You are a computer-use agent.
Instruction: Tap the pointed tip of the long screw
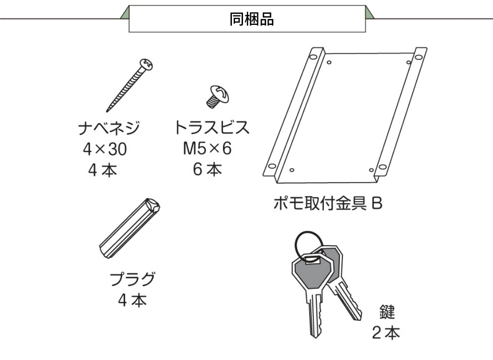[x=108, y=110]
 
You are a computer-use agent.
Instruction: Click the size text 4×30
[x=105, y=150]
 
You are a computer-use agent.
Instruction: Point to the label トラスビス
[x=212, y=128]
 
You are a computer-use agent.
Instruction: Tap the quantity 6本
[x=207, y=169]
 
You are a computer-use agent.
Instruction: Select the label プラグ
[x=133, y=280]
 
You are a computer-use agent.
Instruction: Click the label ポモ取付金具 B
[x=328, y=205]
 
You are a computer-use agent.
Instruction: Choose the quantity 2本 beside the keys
[x=386, y=333]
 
